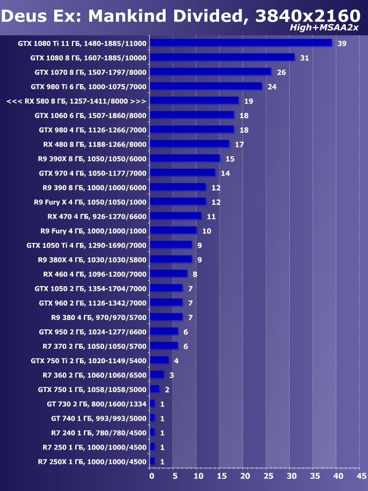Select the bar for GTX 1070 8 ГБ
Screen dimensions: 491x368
(x=210, y=72)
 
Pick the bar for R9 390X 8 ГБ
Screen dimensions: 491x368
(x=185, y=158)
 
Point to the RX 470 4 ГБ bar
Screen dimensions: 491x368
(x=175, y=216)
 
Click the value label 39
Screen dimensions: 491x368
(x=342, y=43)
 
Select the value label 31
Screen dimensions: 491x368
(x=304, y=58)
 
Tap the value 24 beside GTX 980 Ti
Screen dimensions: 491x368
(x=272, y=86)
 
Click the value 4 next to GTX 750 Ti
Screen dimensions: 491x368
(x=176, y=360)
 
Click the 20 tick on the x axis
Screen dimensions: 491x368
(x=245, y=477)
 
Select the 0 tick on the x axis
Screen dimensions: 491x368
(x=152, y=477)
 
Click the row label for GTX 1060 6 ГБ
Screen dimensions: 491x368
(x=90, y=115)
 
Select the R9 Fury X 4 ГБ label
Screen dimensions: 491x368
(x=90, y=201)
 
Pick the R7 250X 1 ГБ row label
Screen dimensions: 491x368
(x=92, y=461)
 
